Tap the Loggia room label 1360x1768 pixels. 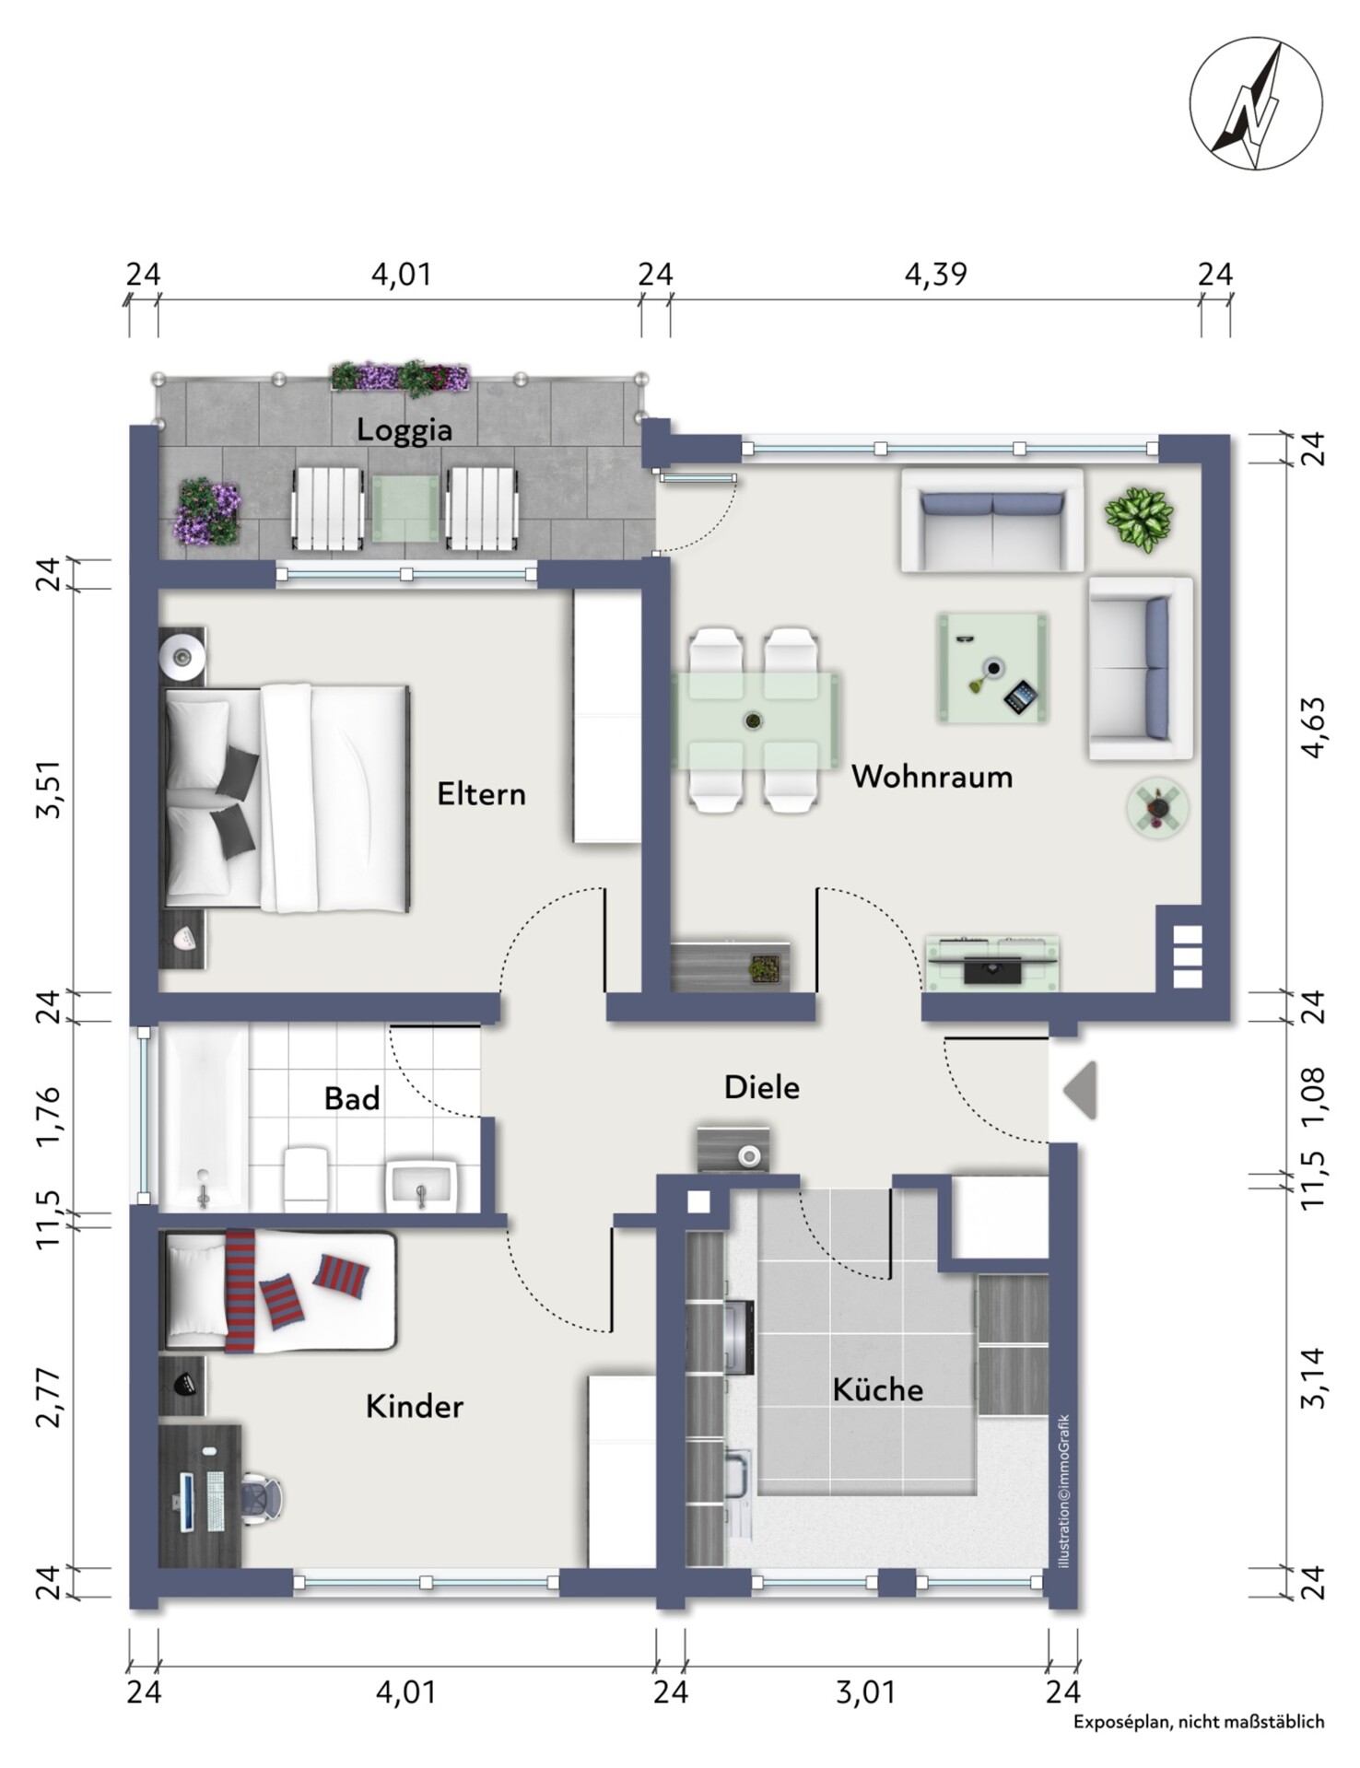404,430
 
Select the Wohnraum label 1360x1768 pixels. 932,777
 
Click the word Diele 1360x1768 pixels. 761,1087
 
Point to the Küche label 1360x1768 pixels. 877,1389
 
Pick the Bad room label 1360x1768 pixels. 352,1098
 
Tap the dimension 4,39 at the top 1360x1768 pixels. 935,275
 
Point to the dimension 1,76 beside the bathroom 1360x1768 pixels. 48,1118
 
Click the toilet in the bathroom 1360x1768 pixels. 307,1179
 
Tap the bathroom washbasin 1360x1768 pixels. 422,1185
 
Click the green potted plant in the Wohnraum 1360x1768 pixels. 1140,520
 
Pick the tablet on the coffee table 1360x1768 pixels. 1020,697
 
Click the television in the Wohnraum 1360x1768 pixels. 992,969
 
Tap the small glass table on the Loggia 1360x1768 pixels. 405,508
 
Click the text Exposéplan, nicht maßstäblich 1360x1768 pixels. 1199,1721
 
